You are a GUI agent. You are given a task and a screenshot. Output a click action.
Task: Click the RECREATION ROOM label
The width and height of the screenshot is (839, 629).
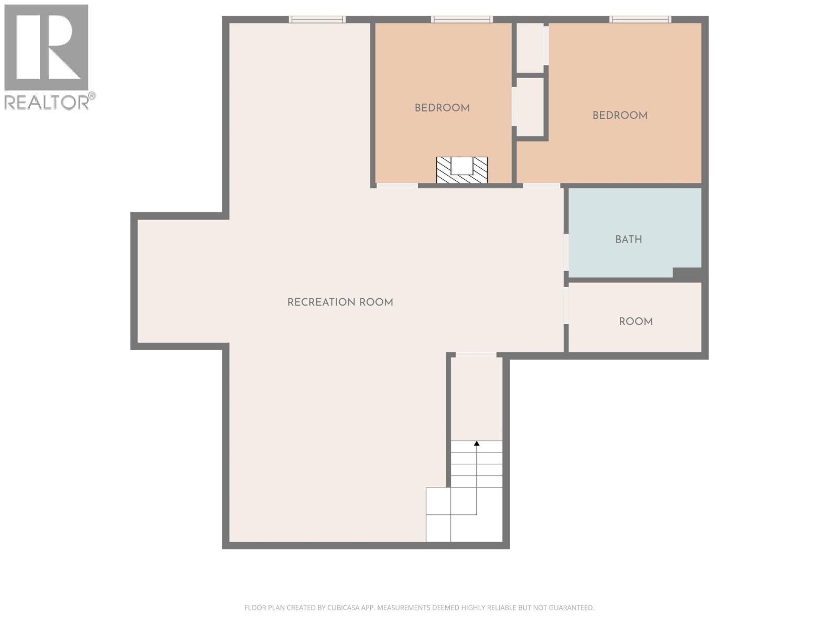(x=340, y=302)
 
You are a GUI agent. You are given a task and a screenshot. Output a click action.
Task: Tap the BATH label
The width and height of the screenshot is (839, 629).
(x=628, y=240)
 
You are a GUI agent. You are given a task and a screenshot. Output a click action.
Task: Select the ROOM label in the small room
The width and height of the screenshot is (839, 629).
(x=636, y=321)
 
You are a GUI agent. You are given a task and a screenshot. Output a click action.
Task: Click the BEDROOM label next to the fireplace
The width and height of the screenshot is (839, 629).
(x=442, y=108)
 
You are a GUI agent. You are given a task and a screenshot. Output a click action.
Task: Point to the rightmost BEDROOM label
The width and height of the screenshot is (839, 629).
(x=620, y=115)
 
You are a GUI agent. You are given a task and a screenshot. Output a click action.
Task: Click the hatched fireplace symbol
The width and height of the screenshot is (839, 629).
(x=462, y=170)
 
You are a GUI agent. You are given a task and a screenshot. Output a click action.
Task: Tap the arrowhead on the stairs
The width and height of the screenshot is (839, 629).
(x=477, y=443)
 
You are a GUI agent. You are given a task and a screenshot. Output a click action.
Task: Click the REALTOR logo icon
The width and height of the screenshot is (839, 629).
(x=46, y=48)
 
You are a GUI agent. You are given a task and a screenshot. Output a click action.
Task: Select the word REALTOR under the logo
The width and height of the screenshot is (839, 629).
(x=47, y=102)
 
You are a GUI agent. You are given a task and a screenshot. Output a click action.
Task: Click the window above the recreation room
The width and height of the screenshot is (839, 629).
(x=317, y=19)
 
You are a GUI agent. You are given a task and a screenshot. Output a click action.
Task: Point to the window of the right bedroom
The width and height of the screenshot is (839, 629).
(x=640, y=19)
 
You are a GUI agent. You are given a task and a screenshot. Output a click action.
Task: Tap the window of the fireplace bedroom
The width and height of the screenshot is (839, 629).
(x=462, y=19)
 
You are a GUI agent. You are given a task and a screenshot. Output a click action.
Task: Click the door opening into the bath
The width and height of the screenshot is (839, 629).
(x=566, y=252)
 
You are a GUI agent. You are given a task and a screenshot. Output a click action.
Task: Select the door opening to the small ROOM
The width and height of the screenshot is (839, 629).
(x=566, y=305)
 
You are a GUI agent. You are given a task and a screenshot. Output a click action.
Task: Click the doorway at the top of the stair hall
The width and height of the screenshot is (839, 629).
(x=476, y=355)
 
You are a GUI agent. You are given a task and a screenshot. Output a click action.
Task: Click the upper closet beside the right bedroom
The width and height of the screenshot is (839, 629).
(x=530, y=47)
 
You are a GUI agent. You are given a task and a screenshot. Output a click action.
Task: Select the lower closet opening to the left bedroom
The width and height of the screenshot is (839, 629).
(x=530, y=107)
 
